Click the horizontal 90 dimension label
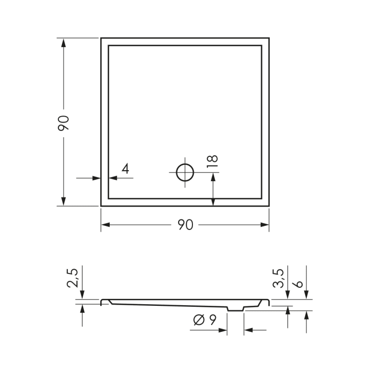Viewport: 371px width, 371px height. (184, 225)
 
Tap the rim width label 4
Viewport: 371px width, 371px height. (125, 169)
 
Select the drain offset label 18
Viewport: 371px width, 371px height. (213, 162)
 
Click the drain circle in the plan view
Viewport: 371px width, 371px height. (185, 172)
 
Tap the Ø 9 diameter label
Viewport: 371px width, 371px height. (204, 320)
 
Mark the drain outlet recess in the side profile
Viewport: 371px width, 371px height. (235, 308)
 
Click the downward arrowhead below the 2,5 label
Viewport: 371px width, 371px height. (82, 296)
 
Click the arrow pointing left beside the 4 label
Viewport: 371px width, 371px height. (112, 178)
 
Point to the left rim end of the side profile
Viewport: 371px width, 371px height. (102, 302)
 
